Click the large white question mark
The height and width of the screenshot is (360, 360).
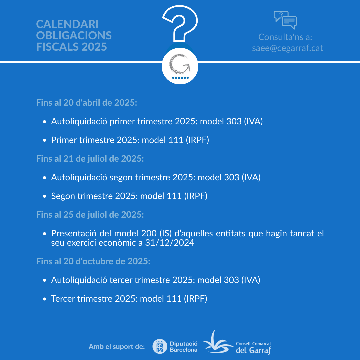click(180, 25)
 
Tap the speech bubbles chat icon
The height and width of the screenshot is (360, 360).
click(285, 20)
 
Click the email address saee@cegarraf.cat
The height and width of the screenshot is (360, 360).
click(287, 48)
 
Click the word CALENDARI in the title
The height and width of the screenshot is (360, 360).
click(67, 24)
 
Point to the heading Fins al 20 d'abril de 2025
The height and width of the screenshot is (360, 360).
click(86, 102)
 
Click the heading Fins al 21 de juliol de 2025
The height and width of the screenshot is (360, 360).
click(90, 159)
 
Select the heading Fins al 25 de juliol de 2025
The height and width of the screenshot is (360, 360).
click(90, 215)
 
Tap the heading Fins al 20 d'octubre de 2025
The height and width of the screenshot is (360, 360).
click(93, 261)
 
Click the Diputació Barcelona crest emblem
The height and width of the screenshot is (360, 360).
click(160, 346)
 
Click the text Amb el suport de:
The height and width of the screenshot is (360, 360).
click(117, 347)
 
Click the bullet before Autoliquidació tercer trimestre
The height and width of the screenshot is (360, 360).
click(45, 281)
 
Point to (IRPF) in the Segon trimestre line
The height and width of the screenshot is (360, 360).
click(196, 196)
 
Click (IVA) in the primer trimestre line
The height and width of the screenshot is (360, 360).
click(253, 121)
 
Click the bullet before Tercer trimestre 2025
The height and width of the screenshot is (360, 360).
click(45, 299)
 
